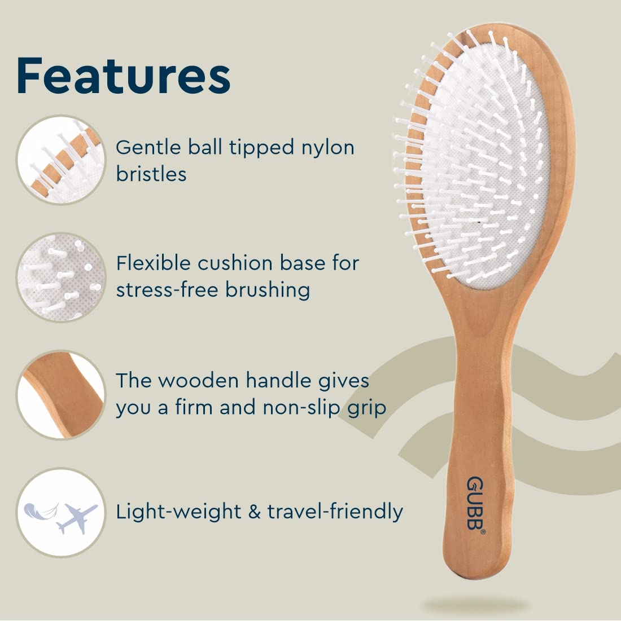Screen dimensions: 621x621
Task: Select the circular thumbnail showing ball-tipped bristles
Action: tap(61, 160)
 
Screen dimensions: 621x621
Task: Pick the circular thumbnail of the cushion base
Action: tap(61, 278)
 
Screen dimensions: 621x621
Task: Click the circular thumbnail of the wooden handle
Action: tap(61, 395)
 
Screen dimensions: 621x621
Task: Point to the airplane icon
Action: tap(77, 518)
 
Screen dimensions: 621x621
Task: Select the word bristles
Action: tap(151, 174)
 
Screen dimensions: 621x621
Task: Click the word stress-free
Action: tap(167, 289)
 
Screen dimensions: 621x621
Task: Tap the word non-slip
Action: tap(301, 408)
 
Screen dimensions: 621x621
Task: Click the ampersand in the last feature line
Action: tap(254, 512)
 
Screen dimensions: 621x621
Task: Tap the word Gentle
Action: tap(148, 147)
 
